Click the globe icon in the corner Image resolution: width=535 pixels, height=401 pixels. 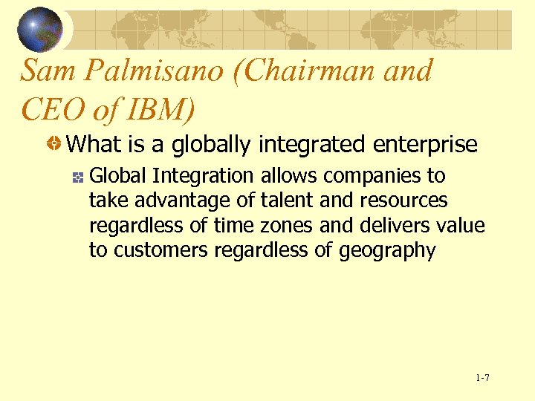tap(39, 29)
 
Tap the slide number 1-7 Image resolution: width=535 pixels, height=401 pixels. tap(482, 379)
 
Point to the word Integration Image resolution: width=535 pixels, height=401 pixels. tap(202, 177)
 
